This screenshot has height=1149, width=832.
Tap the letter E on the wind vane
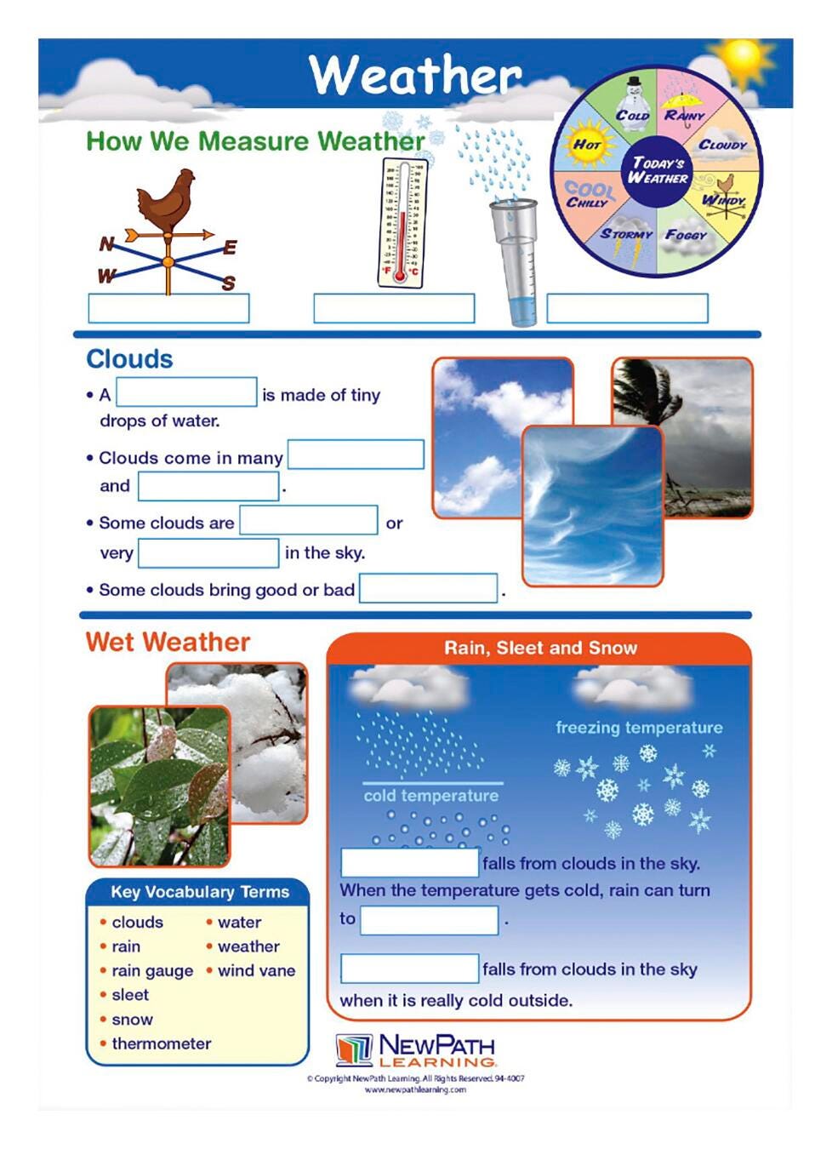(x=230, y=248)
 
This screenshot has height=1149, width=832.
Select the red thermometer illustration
(x=400, y=223)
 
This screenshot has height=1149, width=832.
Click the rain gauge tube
(x=516, y=260)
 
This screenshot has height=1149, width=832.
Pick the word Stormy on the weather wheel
(x=626, y=234)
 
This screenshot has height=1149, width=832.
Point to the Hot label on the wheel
(x=586, y=145)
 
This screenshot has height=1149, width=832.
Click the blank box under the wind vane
(x=168, y=308)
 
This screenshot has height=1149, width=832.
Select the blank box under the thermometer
(x=394, y=308)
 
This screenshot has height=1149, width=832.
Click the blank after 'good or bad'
(x=428, y=588)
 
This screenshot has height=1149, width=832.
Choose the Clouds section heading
(x=129, y=359)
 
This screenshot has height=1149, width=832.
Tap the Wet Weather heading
(x=168, y=642)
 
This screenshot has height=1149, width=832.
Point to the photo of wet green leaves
(x=159, y=785)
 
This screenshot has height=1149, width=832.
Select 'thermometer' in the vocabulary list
(x=162, y=1043)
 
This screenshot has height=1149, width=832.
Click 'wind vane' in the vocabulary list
(x=256, y=970)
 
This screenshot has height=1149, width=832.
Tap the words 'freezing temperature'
(x=639, y=728)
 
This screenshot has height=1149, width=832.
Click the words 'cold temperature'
(x=431, y=796)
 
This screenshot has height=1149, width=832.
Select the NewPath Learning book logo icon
(x=354, y=1049)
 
